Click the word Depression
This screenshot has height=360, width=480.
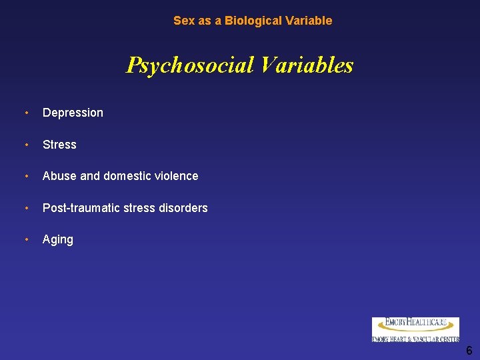click(x=73, y=113)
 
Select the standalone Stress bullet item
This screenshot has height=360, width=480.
click(x=59, y=145)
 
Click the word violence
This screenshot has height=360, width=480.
click(x=175, y=176)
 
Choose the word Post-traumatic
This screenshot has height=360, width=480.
click(x=80, y=208)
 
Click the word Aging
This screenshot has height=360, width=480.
click(x=58, y=240)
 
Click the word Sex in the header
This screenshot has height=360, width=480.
click(x=183, y=21)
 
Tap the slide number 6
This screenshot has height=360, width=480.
click(x=469, y=351)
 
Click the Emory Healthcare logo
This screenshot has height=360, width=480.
click(x=415, y=329)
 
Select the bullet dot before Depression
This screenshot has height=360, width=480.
click(x=26, y=113)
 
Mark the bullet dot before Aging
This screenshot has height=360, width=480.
click(x=26, y=239)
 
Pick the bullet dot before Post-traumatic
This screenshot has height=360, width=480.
click(x=26, y=208)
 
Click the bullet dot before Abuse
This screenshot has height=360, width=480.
click(x=26, y=176)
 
